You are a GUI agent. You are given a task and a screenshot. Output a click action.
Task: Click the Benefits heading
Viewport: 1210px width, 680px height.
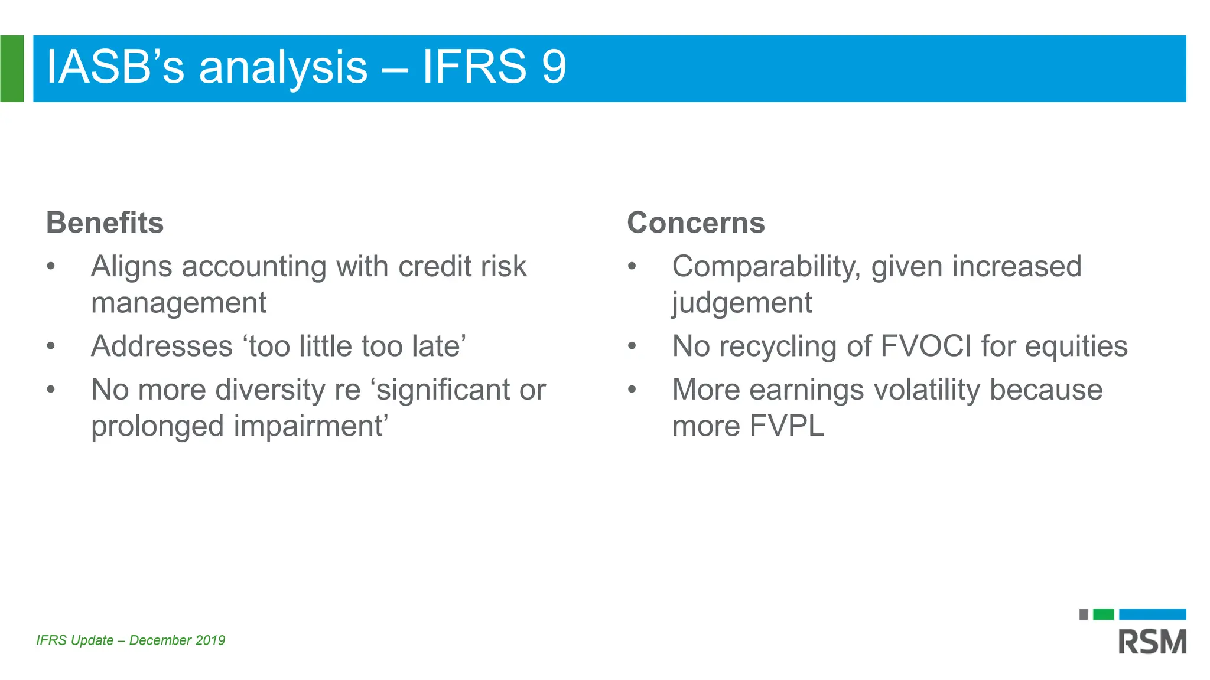click(x=105, y=223)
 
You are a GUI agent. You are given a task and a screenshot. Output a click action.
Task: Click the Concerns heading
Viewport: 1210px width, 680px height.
click(x=695, y=223)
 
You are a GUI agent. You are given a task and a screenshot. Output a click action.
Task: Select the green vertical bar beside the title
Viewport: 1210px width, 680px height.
click(x=12, y=68)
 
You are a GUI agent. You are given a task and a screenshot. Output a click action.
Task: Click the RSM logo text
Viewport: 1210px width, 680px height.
click(x=1152, y=642)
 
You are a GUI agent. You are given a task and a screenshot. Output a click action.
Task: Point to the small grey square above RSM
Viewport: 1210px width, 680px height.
click(x=1084, y=614)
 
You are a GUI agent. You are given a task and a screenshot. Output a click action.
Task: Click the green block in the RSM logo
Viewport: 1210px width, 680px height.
click(x=1103, y=614)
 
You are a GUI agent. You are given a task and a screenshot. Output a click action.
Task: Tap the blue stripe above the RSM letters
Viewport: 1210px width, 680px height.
click(x=1152, y=614)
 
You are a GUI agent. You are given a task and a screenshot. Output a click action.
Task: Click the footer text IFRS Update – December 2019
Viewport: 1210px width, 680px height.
click(x=131, y=640)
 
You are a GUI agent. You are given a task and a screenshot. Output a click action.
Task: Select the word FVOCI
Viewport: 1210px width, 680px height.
click(x=926, y=346)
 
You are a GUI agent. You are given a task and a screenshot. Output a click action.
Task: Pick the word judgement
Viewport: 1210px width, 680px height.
click(x=741, y=303)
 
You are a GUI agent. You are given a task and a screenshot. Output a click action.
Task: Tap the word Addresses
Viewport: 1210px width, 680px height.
click(x=162, y=346)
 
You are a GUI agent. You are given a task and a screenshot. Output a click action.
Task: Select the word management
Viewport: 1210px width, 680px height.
click(x=178, y=303)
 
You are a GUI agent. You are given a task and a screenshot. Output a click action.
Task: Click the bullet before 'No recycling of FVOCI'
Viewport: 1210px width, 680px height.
click(x=632, y=346)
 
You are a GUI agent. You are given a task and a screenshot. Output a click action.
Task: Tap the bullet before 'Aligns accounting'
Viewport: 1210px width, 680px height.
click(x=51, y=266)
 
